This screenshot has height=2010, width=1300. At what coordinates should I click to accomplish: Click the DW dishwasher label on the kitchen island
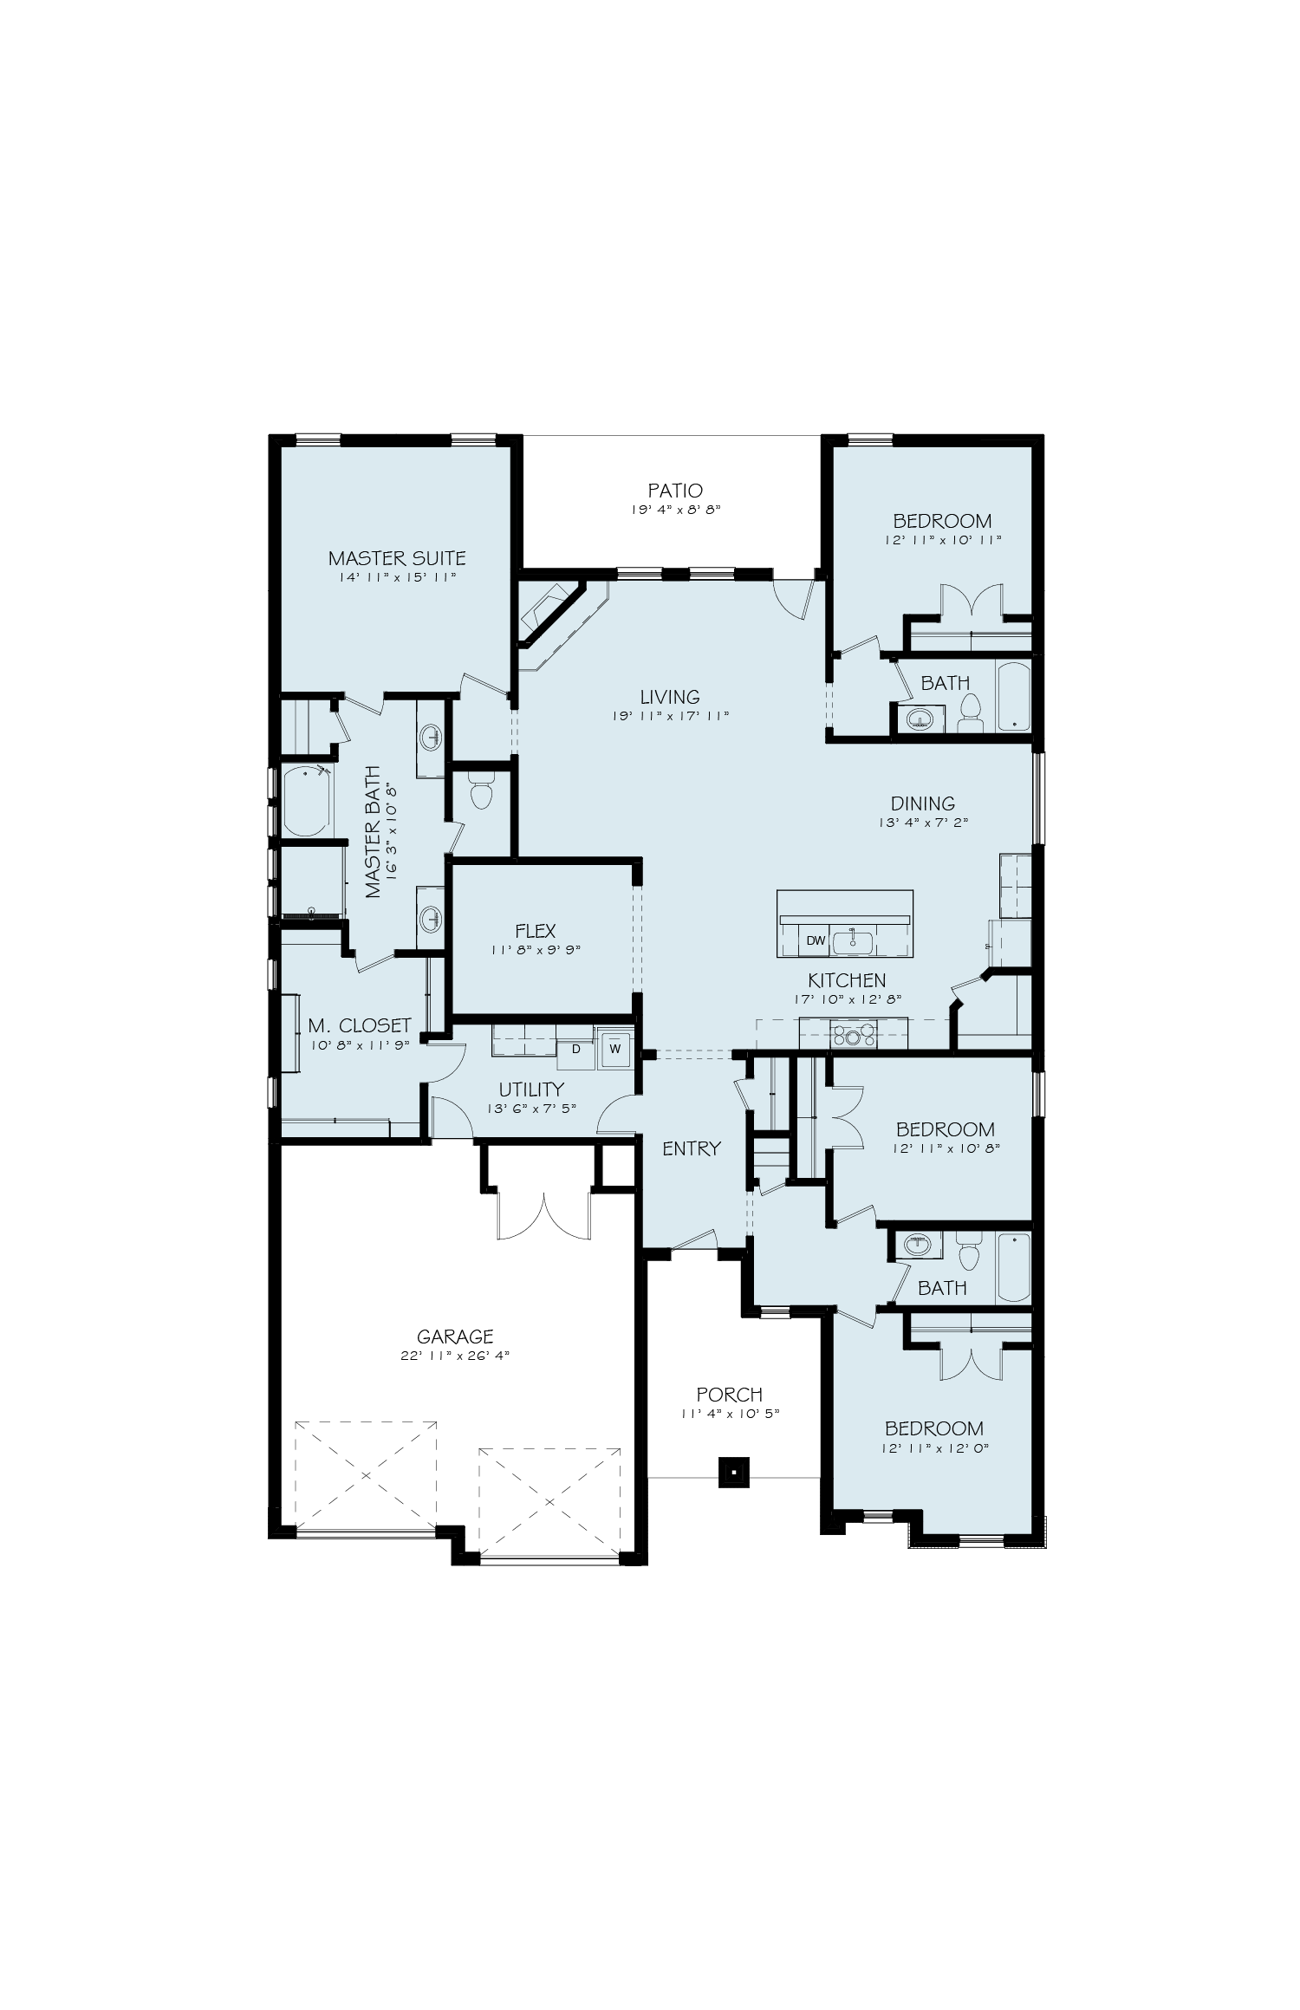[x=816, y=940]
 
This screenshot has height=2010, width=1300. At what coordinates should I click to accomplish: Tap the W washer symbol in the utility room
[x=615, y=1047]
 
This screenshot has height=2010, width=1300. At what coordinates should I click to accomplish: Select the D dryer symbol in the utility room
[x=575, y=1049]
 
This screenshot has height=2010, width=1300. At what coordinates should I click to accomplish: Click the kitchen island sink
[x=852, y=940]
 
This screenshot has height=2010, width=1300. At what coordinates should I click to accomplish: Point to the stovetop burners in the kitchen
[x=854, y=1032]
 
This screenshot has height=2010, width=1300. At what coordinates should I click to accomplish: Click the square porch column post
[x=733, y=1470]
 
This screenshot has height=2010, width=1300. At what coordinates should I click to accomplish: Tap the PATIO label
[x=675, y=491]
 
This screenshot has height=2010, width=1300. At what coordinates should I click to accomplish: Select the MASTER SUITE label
[x=397, y=558]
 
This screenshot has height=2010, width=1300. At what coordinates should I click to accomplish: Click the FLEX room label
[x=535, y=931]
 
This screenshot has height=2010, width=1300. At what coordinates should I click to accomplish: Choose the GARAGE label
[x=454, y=1337]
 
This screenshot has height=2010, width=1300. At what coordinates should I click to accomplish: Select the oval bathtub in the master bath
[x=306, y=801]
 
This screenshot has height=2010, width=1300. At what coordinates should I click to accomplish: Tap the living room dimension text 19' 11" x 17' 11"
[x=671, y=716]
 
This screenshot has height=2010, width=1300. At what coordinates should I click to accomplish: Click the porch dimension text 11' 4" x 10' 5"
[x=730, y=1414]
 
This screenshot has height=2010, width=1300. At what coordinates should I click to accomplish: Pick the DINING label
[x=922, y=803]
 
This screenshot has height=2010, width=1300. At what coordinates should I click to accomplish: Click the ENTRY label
[x=692, y=1148]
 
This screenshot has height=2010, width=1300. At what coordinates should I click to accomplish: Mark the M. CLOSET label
[x=360, y=1026]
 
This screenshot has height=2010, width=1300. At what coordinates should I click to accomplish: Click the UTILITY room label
[x=531, y=1090]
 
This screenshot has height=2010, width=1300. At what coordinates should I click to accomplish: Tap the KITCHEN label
[x=847, y=980]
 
